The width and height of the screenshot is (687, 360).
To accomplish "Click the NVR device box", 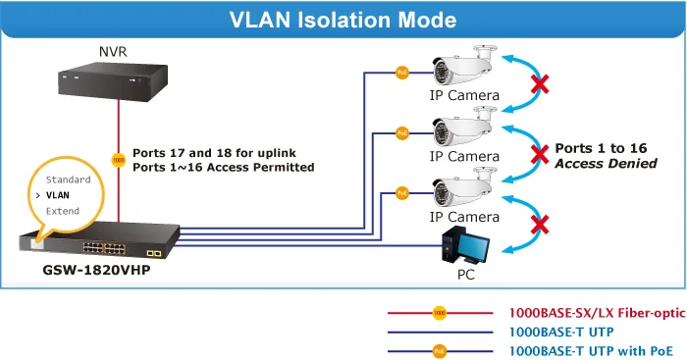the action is click(x=113, y=81).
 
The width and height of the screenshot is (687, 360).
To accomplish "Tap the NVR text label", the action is click(x=113, y=52).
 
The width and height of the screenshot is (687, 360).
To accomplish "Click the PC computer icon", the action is click(x=465, y=245).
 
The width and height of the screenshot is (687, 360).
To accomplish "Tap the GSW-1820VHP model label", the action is click(x=96, y=270).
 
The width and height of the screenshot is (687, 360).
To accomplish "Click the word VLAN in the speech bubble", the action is click(x=57, y=195).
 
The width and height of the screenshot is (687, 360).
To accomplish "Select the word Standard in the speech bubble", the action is click(x=69, y=180).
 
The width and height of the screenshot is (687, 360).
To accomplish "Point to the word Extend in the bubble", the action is click(x=63, y=211).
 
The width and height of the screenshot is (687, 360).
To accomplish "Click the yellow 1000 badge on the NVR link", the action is click(x=119, y=160).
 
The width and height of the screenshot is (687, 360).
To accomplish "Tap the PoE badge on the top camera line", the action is click(x=402, y=73).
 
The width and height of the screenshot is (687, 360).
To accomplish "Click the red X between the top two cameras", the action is click(x=540, y=84).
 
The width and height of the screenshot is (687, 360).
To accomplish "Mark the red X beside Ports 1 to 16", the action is click(x=540, y=155).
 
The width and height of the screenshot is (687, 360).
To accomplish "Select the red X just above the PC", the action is click(x=540, y=225).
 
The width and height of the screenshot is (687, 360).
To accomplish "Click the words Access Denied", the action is click(x=606, y=164).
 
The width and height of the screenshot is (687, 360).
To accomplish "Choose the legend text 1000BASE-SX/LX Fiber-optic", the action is click(x=597, y=313).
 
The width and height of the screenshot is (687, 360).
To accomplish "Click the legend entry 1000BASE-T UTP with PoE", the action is click(x=591, y=351).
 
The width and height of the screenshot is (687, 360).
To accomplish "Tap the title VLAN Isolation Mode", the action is click(x=343, y=21).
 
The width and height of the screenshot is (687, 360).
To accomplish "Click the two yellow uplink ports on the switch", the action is click(x=154, y=253).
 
